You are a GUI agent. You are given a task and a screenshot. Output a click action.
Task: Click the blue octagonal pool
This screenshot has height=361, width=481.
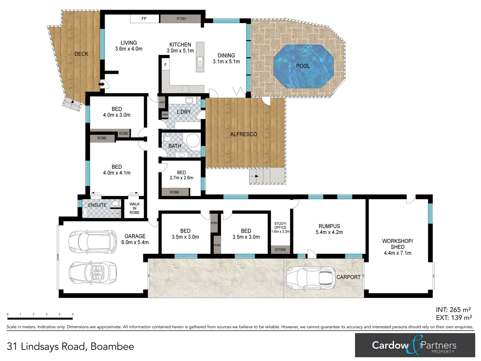point(303,66)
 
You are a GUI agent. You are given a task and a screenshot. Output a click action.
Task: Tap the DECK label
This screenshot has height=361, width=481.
point(81,54)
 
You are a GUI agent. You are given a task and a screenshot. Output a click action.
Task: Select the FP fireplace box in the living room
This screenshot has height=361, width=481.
point(144,19)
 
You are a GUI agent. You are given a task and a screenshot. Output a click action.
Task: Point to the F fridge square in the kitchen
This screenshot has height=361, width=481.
point(165,65)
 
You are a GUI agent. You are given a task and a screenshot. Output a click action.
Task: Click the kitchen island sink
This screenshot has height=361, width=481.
point(200,62)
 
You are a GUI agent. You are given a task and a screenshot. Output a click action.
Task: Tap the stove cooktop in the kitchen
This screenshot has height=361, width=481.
point(185,89)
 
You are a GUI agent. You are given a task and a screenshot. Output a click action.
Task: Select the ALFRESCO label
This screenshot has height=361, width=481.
point(244,134)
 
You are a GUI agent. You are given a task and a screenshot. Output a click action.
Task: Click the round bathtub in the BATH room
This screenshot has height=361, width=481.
point(193,140)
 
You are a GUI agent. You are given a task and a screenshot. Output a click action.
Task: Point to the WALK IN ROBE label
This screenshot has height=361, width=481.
point(135,208)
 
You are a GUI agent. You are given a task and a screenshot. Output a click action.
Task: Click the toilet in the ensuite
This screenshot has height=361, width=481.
point(116,203)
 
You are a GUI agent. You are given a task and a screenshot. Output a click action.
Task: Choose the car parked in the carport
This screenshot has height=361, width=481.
point(310,277)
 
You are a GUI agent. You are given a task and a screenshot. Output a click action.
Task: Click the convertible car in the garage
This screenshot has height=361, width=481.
point(93,273)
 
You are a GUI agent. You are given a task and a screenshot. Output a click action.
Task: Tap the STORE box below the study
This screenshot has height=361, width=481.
point(280,250)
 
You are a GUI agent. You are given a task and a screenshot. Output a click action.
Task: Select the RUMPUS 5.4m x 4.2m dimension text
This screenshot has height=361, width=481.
point(329,232)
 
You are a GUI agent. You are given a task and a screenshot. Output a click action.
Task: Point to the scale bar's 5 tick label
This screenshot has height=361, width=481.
point(72,314)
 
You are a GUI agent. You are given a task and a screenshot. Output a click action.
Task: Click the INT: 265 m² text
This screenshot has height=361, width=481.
point(453,310)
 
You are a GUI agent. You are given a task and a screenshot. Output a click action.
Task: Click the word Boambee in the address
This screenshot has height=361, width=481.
point(112,347)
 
